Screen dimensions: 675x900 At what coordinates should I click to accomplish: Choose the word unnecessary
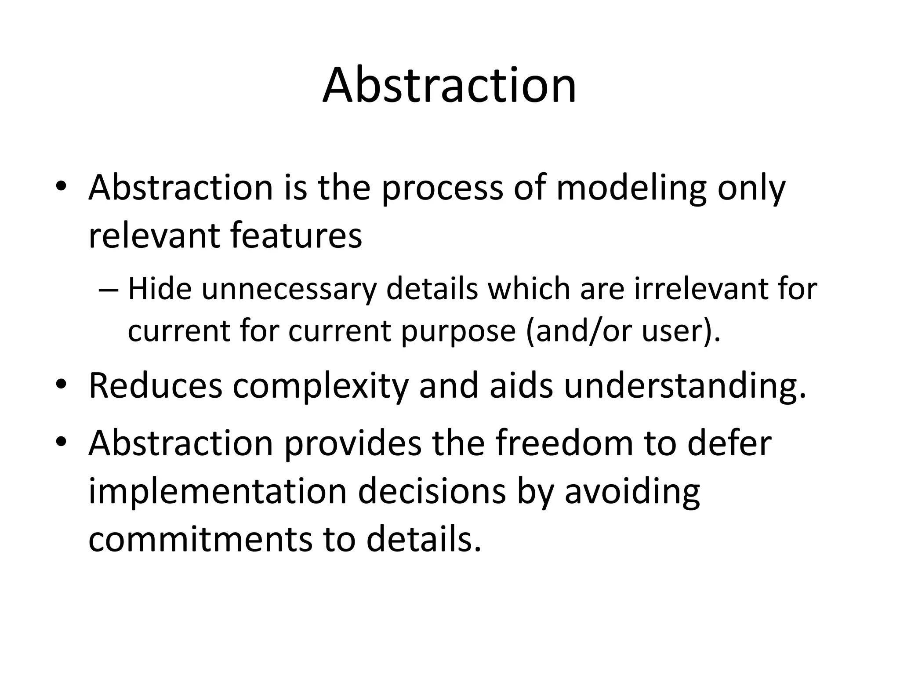point(289,290)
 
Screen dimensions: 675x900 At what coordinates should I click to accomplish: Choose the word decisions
point(432,491)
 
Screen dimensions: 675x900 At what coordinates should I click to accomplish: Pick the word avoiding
point(632,491)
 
